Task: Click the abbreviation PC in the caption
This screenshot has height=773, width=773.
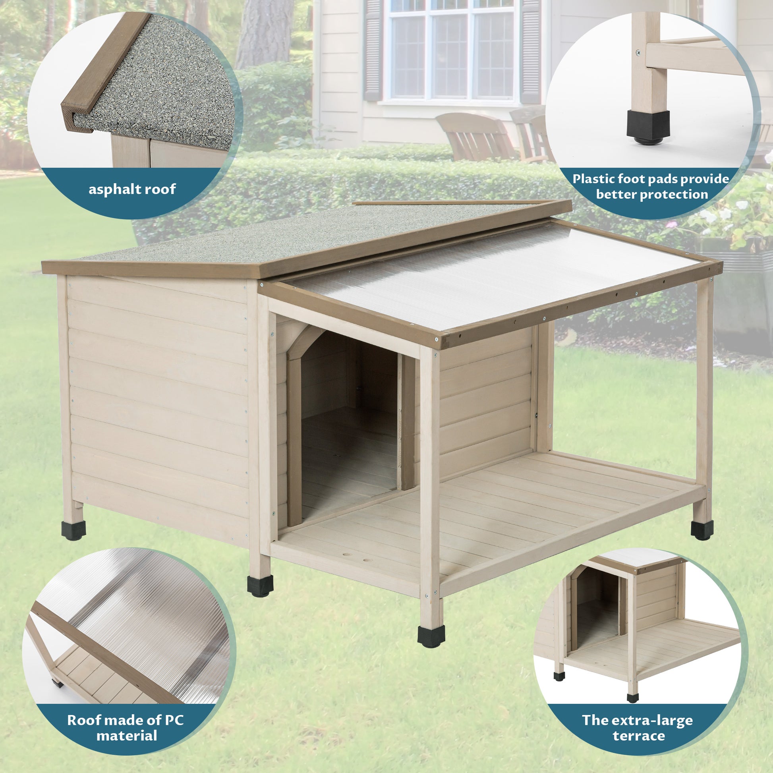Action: tap(174, 720)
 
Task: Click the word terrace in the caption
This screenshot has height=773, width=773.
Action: tap(639, 736)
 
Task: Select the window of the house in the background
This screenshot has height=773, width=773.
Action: tap(451, 52)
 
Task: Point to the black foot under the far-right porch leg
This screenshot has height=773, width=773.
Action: tap(702, 530)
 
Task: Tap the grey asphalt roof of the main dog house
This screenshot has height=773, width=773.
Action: tap(280, 236)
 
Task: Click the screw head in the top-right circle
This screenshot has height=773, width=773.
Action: tap(638, 52)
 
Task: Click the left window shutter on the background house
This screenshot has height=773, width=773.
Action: tap(373, 50)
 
